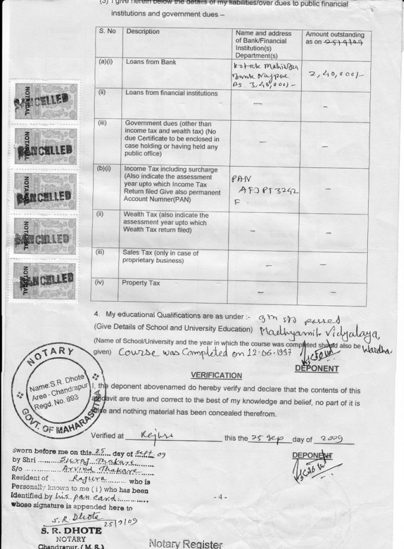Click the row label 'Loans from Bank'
(151, 62)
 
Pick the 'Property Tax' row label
(141, 283)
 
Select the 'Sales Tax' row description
(152, 256)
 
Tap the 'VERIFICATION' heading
(216, 376)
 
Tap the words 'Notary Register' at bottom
(186, 544)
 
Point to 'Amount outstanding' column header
(335, 39)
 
